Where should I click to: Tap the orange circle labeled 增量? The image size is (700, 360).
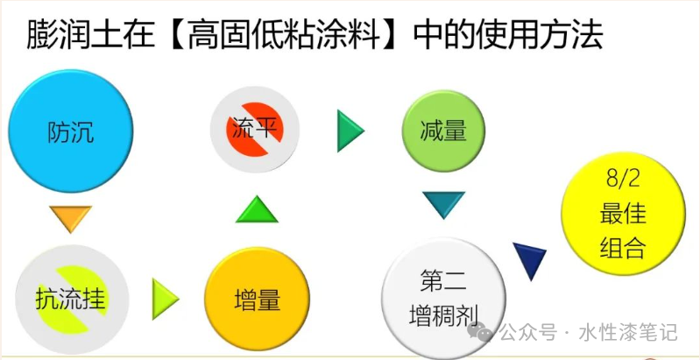tap(257, 300)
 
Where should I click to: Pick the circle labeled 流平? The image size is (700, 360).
tap(255, 131)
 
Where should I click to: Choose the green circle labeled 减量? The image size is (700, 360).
tap(443, 131)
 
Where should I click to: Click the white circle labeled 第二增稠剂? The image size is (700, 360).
tap(443, 298)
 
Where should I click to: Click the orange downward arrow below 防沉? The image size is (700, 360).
tap(70, 218)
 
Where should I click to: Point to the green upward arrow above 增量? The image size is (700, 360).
tap(257, 211)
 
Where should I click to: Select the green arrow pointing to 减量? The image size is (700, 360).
tap(350, 131)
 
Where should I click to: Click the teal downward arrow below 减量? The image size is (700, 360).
tap(442, 205)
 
